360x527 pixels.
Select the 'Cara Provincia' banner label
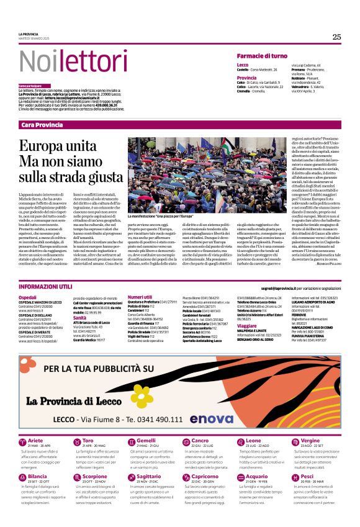[x=42, y=125]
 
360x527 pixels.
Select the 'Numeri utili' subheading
[x=139, y=297]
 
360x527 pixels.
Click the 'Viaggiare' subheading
[x=247, y=325]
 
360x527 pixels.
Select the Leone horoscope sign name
[x=253, y=440]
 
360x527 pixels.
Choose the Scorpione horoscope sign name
[x=94, y=476]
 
